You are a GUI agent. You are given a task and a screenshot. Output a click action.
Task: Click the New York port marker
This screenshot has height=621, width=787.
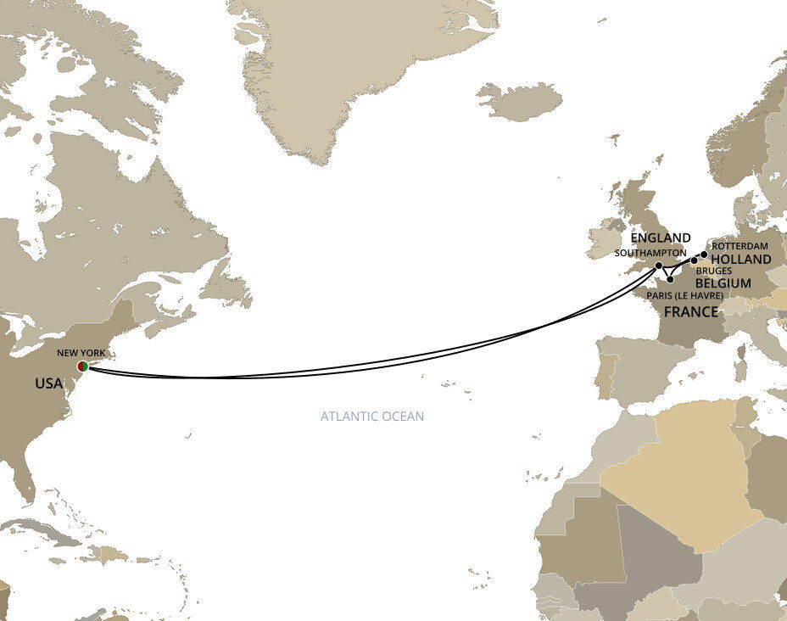(x=82, y=366)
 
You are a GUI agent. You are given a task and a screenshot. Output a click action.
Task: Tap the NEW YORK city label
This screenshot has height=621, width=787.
(x=81, y=351)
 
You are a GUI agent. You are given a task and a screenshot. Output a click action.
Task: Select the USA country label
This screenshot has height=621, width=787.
(x=48, y=384)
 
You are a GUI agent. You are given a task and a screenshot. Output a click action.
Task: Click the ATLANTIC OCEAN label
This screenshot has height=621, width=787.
(x=371, y=417)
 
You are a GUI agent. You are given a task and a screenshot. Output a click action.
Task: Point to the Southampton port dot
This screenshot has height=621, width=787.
(x=659, y=266)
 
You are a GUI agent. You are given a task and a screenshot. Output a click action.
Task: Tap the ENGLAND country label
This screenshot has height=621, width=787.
(x=660, y=238)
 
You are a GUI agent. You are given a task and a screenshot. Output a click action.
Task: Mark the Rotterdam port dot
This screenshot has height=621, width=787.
(x=704, y=254)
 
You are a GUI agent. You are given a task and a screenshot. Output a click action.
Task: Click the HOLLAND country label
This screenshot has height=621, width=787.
(x=740, y=260)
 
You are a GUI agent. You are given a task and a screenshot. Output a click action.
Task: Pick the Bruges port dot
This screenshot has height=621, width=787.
(x=695, y=261)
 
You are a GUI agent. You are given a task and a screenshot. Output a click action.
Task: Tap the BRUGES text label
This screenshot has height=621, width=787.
(x=714, y=271)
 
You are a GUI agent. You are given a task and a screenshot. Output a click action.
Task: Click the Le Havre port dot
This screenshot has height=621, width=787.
(x=670, y=279)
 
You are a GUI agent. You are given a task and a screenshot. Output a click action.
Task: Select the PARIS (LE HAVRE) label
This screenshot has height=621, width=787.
(x=684, y=295)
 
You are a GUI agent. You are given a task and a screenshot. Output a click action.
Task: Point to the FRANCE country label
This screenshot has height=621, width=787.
(x=690, y=312)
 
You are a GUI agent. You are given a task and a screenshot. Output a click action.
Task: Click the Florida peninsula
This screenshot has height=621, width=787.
(x=28, y=482)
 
